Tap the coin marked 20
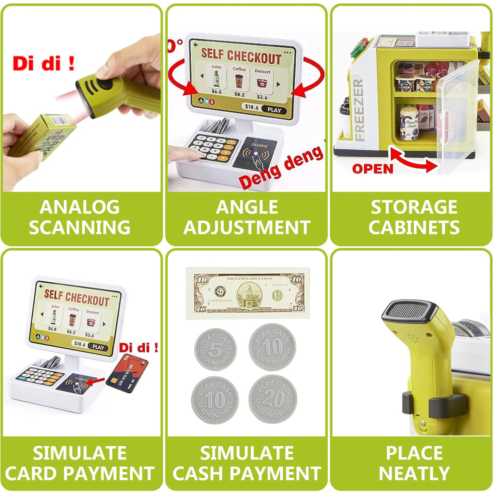[273, 399]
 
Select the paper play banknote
[248, 293]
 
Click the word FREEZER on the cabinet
[359, 110]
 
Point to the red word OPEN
[373, 169]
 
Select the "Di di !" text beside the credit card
[139, 348]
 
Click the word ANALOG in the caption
[80, 207]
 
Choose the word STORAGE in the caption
[414, 207]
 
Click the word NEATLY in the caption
[414, 473]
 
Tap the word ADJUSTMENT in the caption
[247, 228]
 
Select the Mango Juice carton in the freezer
[410, 123]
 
